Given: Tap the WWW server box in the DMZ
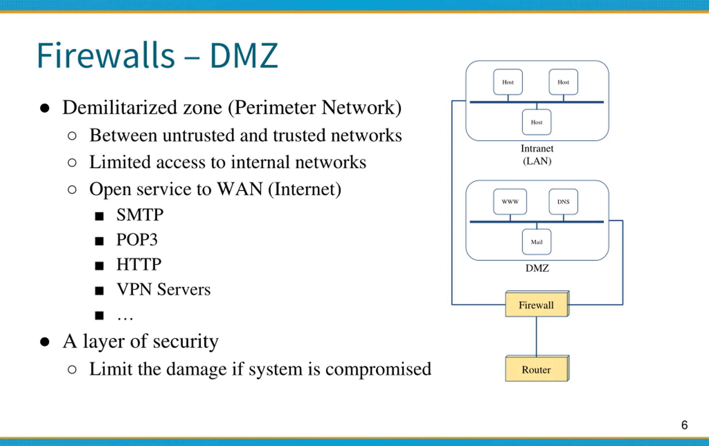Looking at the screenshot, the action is (510, 202).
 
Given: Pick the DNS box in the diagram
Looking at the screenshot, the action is (563, 202).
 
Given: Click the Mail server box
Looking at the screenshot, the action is (536, 242).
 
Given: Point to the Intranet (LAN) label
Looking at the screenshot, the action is (537, 155).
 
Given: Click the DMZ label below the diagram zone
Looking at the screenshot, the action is (537, 268).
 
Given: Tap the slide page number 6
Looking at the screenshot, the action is (684, 425).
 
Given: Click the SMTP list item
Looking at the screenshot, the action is (140, 214).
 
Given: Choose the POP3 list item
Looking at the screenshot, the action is (137, 239).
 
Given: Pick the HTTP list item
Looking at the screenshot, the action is (139, 264).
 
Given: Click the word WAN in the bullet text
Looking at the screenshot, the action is (240, 189).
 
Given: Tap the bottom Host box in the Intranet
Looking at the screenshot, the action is (536, 122).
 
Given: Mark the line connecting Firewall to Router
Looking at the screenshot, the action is (536, 336).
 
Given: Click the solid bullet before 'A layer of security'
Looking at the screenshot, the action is (45, 342).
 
